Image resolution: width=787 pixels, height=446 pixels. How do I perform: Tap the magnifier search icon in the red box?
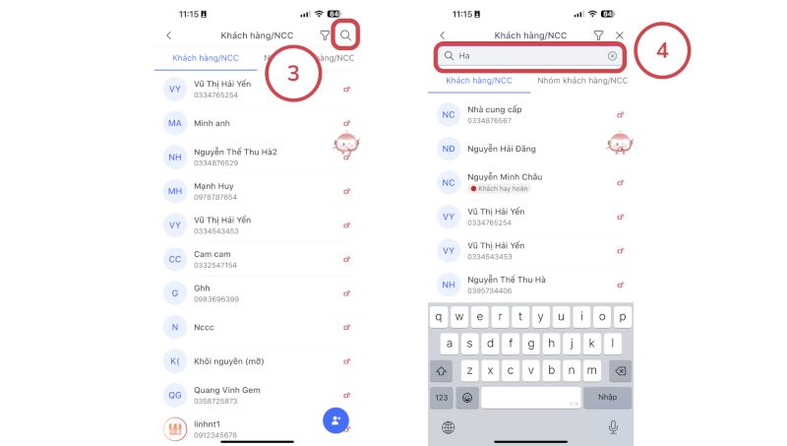[x=345, y=35]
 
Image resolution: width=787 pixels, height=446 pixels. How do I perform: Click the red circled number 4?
[x=662, y=50]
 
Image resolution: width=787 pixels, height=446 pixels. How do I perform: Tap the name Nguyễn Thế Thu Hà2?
[x=235, y=152]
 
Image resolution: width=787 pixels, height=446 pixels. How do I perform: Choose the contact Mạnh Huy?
[x=213, y=186]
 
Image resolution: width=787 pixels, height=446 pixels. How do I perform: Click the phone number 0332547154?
[x=215, y=265]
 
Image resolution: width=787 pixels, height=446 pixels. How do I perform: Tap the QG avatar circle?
[x=175, y=395]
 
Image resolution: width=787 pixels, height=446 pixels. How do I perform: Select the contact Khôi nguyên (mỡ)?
[x=228, y=360]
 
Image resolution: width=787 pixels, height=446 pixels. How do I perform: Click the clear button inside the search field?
[x=612, y=56]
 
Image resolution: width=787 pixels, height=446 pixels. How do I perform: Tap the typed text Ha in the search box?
[x=464, y=56]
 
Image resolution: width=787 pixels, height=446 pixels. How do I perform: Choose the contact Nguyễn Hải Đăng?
[x=501, y=149]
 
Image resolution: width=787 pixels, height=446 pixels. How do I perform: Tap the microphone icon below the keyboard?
[x=613, y=426]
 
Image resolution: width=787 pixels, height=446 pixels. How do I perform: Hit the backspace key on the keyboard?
[x=620, y=371]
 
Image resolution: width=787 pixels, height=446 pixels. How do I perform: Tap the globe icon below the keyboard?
[x=449, y=426]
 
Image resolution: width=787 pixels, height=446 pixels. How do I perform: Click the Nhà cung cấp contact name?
[x=495, y=109]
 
